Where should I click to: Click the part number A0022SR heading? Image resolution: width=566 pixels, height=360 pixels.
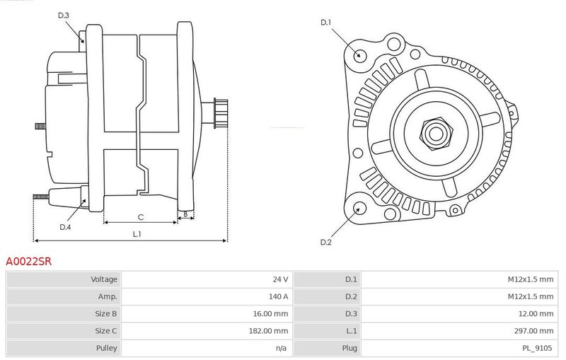28,261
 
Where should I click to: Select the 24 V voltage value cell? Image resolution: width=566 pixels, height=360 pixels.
280,279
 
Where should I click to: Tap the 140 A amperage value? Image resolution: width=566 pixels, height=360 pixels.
278,296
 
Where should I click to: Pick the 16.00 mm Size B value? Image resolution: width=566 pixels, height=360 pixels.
270,314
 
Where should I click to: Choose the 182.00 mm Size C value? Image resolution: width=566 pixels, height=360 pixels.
268,331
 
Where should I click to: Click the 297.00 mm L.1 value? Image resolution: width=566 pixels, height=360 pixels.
533,331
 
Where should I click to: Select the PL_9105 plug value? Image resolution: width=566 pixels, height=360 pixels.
537,348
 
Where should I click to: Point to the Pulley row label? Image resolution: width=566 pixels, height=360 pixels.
107,348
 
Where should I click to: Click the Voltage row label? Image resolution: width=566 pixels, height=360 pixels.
104,279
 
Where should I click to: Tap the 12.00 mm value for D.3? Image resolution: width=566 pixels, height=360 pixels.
536,314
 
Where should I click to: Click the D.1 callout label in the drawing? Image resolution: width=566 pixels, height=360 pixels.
325,23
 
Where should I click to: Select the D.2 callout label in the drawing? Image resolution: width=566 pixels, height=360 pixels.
325,242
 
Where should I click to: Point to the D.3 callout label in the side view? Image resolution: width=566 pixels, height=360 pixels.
63,15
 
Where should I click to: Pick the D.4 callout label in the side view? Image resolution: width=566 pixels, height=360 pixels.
65,227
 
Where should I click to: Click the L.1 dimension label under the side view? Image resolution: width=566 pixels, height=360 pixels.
137,234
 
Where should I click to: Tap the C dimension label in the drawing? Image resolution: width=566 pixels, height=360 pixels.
141,217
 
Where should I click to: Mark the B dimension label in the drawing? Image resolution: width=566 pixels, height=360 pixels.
185,214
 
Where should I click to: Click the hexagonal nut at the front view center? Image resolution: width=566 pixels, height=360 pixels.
436,134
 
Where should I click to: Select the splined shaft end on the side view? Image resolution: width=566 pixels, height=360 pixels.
221,113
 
